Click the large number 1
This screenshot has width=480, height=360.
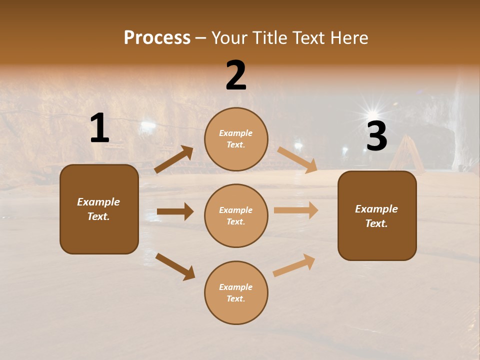coord(99,129)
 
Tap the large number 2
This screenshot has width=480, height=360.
coord(236,76)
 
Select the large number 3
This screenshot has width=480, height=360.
coord(376,136)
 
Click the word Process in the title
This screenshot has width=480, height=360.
coord(157,37)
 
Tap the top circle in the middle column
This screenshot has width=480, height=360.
coord(236,139)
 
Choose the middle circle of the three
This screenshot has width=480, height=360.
coord(236,215)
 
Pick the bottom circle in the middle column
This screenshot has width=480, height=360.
coord(236,292)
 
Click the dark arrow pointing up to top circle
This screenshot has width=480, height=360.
coord(174,159)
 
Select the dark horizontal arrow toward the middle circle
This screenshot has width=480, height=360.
coord(175,211)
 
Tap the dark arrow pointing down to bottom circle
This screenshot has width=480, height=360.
coord(175,266)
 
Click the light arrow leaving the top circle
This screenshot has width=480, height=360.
coord(297,160)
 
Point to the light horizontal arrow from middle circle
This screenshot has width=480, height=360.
coord(296,210)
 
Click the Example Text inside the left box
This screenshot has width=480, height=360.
coord(98,209)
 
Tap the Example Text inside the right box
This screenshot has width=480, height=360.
coord(376,216)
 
